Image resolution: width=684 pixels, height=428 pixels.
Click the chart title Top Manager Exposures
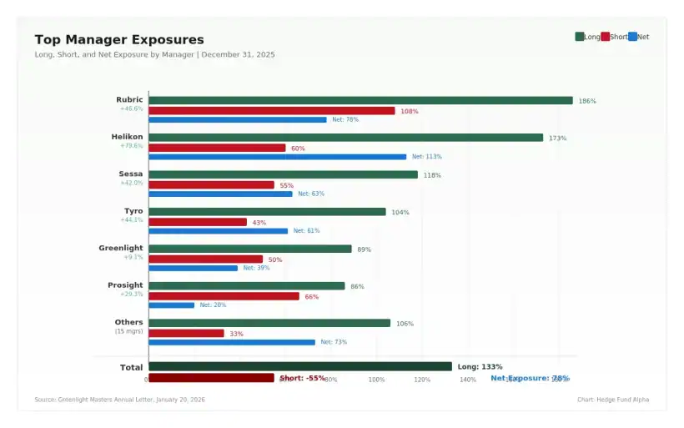coord(119,40)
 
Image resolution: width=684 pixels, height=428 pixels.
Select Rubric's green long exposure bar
coord(360,100)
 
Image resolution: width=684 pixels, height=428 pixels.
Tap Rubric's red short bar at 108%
coord(272,110)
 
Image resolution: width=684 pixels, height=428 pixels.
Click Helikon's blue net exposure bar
coord(278,157)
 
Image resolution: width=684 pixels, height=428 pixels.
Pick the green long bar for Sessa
coord(283,174)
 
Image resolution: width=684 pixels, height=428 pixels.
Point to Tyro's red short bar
coord(198,222)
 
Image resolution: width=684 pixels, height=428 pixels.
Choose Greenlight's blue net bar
coord(194,268)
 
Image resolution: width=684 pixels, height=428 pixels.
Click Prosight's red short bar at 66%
coord(224,296)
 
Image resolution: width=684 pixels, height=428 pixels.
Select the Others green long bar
coord(269,323)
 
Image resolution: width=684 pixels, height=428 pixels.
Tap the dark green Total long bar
coord(300,366)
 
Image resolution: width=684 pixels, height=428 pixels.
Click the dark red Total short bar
coord(211,378)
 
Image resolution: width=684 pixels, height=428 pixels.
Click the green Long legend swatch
coord(580,37)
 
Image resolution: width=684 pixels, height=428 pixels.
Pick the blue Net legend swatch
coord(632,37)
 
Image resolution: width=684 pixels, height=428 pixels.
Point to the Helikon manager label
coord(127,137)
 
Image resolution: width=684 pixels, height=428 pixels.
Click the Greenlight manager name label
coord(121,248)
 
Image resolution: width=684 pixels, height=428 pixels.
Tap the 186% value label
coord(587,101)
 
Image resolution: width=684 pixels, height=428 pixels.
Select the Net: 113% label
coord(426,157)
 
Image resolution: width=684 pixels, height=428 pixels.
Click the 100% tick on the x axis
coord(377,380)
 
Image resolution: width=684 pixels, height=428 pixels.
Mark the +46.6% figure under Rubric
coord(131,108)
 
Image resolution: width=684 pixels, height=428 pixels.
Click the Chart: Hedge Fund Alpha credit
coord(612,400)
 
